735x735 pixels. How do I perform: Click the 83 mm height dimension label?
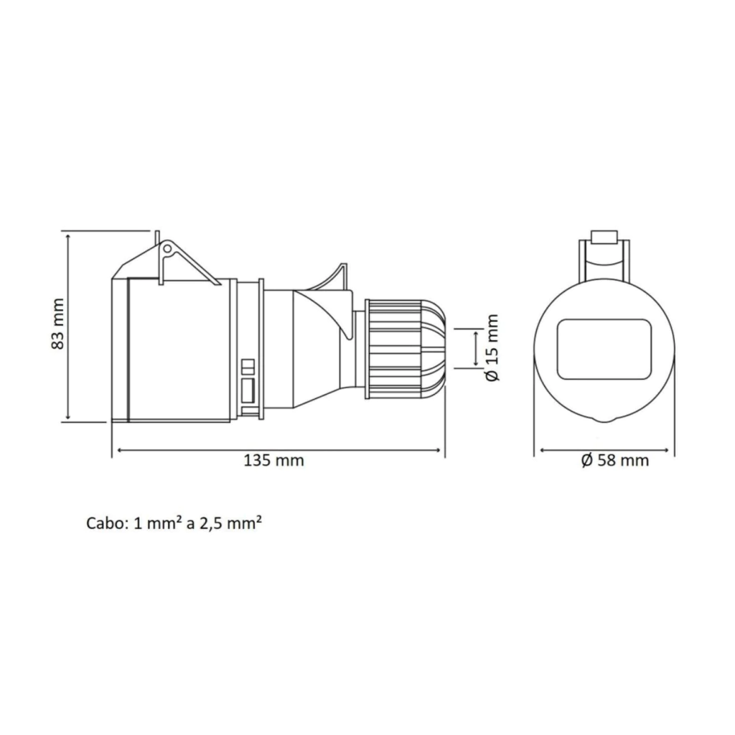[57, 324]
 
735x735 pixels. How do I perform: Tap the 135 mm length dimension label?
[273, 460]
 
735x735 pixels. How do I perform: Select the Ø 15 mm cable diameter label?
[492, 348]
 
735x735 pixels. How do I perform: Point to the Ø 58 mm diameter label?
[615, 460]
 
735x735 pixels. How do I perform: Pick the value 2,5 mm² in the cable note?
[230, 523]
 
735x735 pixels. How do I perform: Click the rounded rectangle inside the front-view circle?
[604, 350]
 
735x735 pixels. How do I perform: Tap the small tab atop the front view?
[604, 237]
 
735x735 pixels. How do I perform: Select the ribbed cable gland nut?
[394, 350]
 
